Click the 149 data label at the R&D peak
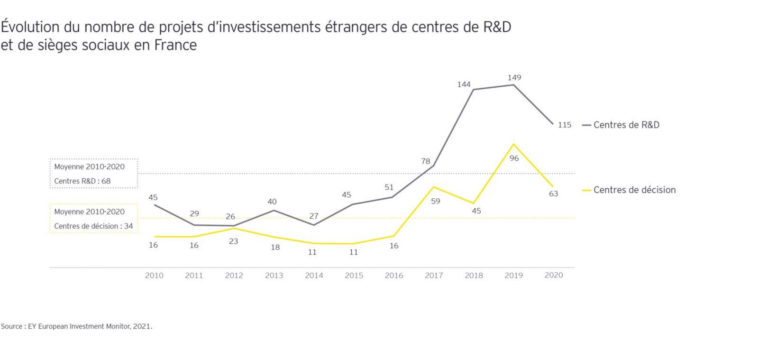click(x=514, y=77)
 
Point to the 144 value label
click(x=464, y=84)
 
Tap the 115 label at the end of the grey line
click(x=564, y=125)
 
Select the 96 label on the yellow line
click(x=514, y=158)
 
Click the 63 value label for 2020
click(x=553, y=194)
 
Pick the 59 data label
click(x=435, y=201)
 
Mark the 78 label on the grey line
click(x=425, y=161)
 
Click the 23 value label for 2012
click(x=233, y=241)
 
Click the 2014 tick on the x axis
click(x=314, y=276)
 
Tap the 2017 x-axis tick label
click(x=434, y=276)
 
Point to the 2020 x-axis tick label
click(x=554, y=275)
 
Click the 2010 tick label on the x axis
click(x=154, y=276)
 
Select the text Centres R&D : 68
click(x=82, y=181)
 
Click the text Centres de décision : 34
click(x=93, y=226)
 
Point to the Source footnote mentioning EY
click(x=77, y=326)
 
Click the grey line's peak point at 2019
click(x=514, y=85)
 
